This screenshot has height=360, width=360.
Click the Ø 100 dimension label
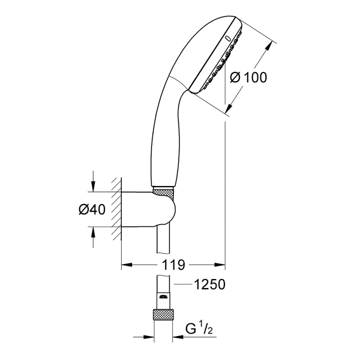(x=248, y=77)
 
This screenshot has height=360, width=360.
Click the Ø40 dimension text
(x=92, y=209)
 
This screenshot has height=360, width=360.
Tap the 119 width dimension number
(x=173, y=265)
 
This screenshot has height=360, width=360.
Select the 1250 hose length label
(x=209, y=284)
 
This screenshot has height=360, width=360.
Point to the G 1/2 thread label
(x=199, y=329)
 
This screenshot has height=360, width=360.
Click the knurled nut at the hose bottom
(x=163, y=314)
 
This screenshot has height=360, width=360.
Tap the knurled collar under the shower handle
(x=163, y=192)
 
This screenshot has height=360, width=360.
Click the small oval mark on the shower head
(x=228, y=38)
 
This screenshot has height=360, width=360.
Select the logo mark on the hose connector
(x=163, y=297)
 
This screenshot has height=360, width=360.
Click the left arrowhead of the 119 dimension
(x=127, y=265)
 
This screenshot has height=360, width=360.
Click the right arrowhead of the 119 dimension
(x=220, y=265)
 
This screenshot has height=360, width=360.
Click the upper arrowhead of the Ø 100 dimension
(x=268, y=47)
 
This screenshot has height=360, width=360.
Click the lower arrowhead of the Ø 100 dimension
(x=230, y=108)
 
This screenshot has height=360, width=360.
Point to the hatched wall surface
(x=116, y=209)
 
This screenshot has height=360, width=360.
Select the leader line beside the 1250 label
(x=183, y=284)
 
